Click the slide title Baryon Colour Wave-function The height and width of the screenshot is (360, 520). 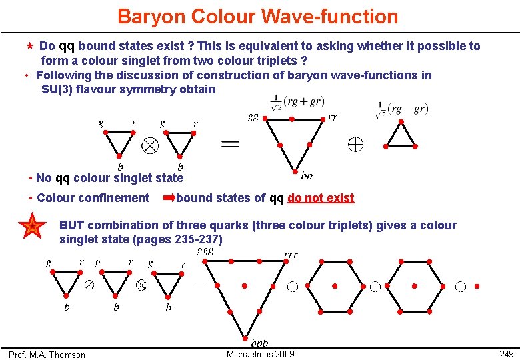257,16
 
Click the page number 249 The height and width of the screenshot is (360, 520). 506,353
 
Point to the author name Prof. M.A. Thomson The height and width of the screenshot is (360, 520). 47,355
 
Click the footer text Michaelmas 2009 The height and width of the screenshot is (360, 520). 260,353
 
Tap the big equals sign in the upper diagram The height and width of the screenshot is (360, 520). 229,143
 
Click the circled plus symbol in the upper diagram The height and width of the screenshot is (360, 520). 354,143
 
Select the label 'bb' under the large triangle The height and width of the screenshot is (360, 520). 307,176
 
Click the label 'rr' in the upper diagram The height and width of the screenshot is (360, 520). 333,117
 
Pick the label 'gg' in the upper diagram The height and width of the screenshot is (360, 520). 253,117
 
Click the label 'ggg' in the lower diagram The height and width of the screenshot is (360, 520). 205,251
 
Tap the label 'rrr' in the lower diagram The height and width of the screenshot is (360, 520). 291,255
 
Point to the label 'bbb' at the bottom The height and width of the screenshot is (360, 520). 259,343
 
